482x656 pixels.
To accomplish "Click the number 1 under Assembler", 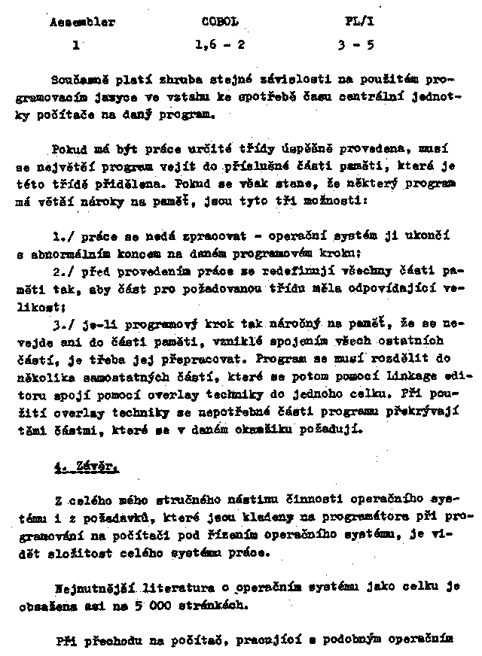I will (76, 44).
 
